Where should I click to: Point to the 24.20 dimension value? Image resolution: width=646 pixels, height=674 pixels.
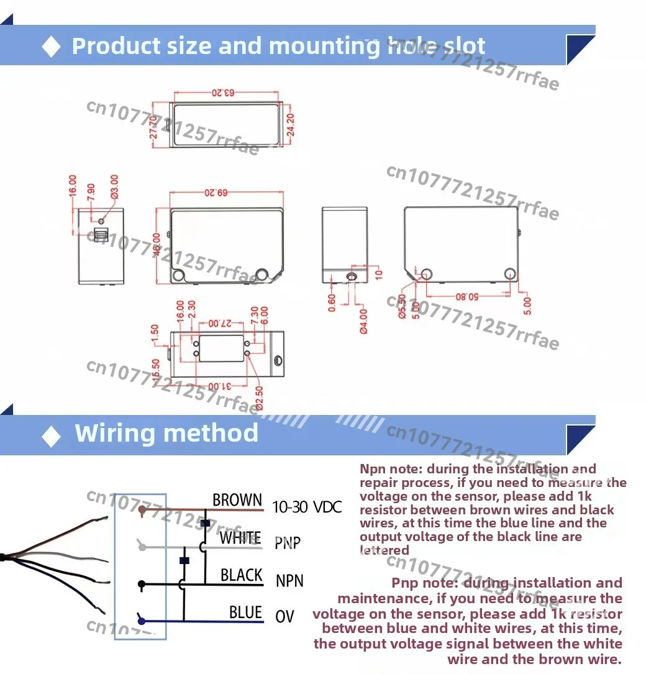pyautogui.click(x=290, y=125)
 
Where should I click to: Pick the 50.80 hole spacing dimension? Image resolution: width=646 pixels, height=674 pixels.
pyautogui.click(x=467, y=297)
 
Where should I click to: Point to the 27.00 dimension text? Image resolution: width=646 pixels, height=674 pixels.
pyautogui.click(x=220, y=324)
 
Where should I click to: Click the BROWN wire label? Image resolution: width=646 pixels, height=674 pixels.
pyautogui.click(x=237, y=500)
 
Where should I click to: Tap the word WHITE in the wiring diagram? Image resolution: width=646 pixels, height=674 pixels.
pyautogui.click(x=240, y=538)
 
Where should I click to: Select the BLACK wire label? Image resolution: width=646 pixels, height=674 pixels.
pyautogui.click(x=242, y=575)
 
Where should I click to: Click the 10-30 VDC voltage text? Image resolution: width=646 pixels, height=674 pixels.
pyautogui.click(x=307, y=508)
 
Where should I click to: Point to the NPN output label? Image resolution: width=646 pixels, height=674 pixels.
pyautogui.click(x=289, y=581)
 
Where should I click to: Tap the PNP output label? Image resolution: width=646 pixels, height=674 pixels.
pyautogui.click(x=288, y=544)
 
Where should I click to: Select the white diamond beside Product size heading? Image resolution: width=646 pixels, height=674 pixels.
pyautogui.click(x=51, y=47)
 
